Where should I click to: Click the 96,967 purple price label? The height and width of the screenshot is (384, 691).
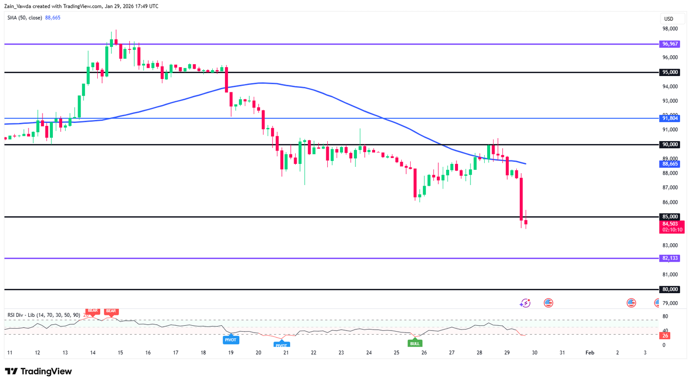point(669,44)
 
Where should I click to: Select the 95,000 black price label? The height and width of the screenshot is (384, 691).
point(669,73)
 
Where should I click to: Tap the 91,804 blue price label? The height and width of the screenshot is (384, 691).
point(669,118)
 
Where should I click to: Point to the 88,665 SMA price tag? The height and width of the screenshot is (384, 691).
point(669,164)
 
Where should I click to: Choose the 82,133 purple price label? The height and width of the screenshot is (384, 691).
point(669,258)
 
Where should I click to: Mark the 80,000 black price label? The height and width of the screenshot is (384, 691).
point(669,289)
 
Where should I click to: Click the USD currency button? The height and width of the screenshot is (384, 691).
point(669,19)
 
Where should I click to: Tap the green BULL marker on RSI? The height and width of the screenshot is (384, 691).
point(415,343)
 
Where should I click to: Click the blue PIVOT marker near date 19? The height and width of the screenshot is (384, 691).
point(230,340)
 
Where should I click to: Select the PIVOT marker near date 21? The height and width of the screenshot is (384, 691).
point(281,345)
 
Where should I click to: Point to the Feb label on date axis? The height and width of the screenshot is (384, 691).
point(589,353)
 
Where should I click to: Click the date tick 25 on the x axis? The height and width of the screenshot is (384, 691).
point(396,353)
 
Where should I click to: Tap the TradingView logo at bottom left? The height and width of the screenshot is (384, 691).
point(38,371)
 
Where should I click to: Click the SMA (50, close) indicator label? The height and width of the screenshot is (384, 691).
point(24,17)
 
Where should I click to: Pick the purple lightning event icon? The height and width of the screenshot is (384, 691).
point(525,303)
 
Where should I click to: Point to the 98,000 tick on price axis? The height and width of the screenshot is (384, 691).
point(670,29)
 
